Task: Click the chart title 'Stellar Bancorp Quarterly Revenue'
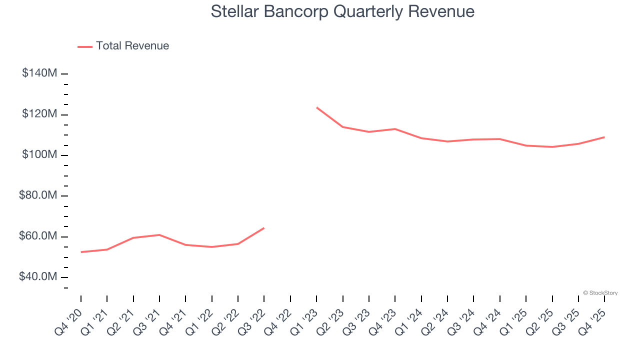[x=342, y=11]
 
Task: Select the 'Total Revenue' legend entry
[x=132, y=46]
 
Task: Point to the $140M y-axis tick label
[x=39, y=73]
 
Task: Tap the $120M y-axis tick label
[x=39, y=114]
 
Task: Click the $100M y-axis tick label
[x=39, y=155]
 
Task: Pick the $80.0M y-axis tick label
[x=38, y=195]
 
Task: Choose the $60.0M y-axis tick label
[x=38, y=236]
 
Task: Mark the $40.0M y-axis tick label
[x=38, y=277]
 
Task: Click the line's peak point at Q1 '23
[x=316, y=107]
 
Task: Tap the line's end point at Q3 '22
[x=264, y=228]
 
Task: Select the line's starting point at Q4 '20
[x=81, y=252]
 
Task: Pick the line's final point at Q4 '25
[x=604, y=137]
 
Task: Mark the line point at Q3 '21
[x=159, y=235]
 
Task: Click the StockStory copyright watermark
[x=600, y=293]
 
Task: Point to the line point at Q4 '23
[x=395, y=129]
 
